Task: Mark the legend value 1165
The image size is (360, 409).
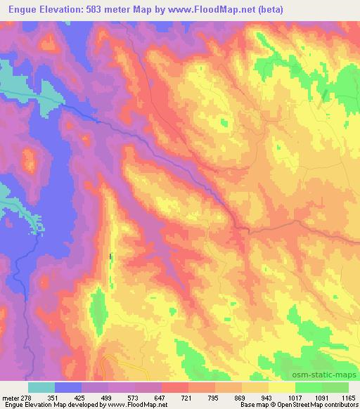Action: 347,397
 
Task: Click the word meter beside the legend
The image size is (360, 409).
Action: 12,397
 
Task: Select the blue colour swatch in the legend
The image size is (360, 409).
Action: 68,387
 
